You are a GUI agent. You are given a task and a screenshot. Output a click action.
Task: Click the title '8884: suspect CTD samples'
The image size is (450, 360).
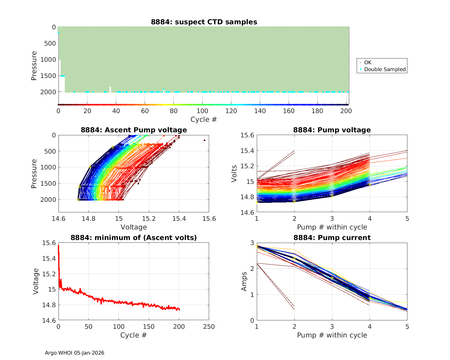pos(204,22)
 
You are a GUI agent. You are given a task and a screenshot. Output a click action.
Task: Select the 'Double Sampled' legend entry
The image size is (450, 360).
pos(385,69)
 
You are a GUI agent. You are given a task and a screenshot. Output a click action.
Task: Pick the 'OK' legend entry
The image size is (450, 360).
pos(367,62)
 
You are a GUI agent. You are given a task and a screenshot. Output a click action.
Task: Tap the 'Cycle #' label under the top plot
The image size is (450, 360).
pos(204,119)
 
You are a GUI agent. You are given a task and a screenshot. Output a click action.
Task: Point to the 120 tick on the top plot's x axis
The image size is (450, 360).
pos(231,111)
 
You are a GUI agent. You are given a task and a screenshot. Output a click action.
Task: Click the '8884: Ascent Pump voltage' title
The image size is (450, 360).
pos(134,130)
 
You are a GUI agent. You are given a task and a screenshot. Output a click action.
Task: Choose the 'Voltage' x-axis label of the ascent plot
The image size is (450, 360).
pos(134,227)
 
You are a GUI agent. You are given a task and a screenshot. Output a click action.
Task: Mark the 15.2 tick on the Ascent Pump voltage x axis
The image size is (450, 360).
pos(149,218)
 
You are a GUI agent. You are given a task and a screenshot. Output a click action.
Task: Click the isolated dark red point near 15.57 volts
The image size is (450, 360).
pos(205,140)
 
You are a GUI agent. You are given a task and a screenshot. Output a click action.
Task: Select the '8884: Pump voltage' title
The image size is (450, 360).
pos(332,130)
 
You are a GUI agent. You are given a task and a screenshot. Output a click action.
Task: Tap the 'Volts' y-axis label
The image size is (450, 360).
pos(234,174)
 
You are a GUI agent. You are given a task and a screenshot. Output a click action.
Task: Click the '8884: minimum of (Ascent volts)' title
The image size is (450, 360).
pos(134,238)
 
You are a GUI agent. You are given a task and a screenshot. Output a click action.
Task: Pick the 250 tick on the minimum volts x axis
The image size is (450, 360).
pos(209,327)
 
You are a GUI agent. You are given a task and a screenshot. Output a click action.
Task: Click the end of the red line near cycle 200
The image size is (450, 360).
pos(179,310)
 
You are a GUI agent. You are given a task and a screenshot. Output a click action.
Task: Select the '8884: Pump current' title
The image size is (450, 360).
pos(332,238)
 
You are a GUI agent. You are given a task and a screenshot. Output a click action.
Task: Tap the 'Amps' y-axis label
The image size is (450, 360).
pos(244,281)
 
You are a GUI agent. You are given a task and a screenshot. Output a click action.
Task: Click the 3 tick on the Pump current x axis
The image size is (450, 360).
pos(332,327)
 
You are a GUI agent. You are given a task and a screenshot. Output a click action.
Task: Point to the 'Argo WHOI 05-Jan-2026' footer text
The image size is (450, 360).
pos(75,353)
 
